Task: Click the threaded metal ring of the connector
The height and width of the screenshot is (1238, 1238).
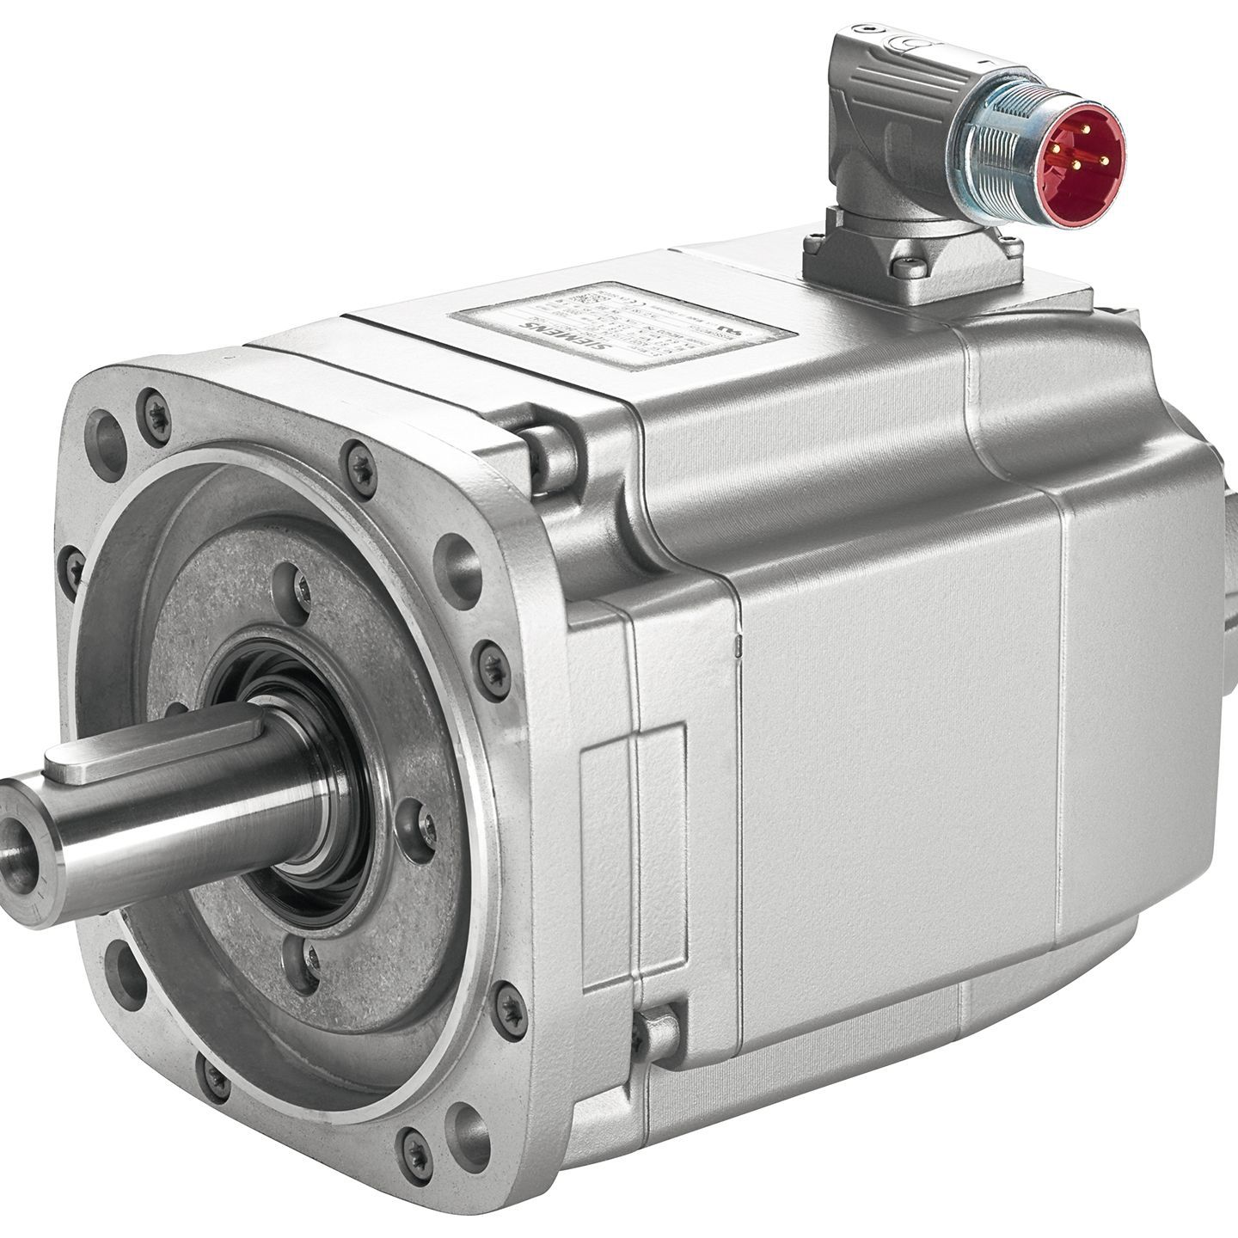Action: (x=997, y=163)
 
